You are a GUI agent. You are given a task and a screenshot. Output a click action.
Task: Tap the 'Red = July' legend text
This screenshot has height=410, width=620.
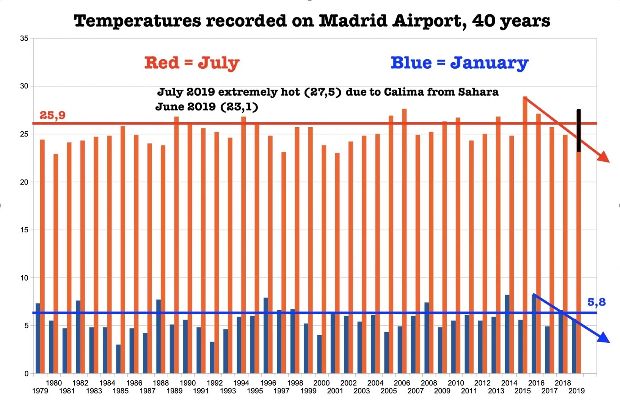191,63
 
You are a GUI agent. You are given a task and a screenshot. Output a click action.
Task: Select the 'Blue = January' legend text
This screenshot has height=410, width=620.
459,63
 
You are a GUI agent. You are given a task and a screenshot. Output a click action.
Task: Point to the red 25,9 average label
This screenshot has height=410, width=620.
53,115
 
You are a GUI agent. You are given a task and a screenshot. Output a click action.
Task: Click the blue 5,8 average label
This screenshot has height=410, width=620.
596,302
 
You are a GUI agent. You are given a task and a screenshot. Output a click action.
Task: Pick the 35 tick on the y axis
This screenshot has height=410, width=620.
24,38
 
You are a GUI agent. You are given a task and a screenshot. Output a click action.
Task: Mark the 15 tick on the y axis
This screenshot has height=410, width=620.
24,230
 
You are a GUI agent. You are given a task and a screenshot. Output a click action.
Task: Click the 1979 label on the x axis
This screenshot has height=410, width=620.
40,391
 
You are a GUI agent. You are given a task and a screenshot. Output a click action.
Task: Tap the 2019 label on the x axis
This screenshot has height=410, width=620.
576,391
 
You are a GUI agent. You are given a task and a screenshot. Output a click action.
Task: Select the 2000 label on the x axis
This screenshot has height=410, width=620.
321,383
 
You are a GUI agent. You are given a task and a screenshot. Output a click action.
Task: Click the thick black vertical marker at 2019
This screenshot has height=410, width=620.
579,131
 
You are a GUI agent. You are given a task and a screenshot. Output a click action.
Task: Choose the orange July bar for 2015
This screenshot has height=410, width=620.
525,235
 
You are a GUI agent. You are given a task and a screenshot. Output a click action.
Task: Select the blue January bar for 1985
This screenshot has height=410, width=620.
118,359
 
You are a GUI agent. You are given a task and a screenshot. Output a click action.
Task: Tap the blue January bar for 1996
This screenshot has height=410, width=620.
266,336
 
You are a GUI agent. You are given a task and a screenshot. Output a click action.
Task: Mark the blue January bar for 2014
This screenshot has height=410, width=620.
507,334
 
